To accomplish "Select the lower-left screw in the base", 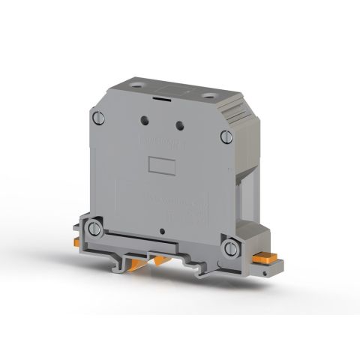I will click(94, 228).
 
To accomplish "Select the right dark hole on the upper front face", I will click(179, 126).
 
